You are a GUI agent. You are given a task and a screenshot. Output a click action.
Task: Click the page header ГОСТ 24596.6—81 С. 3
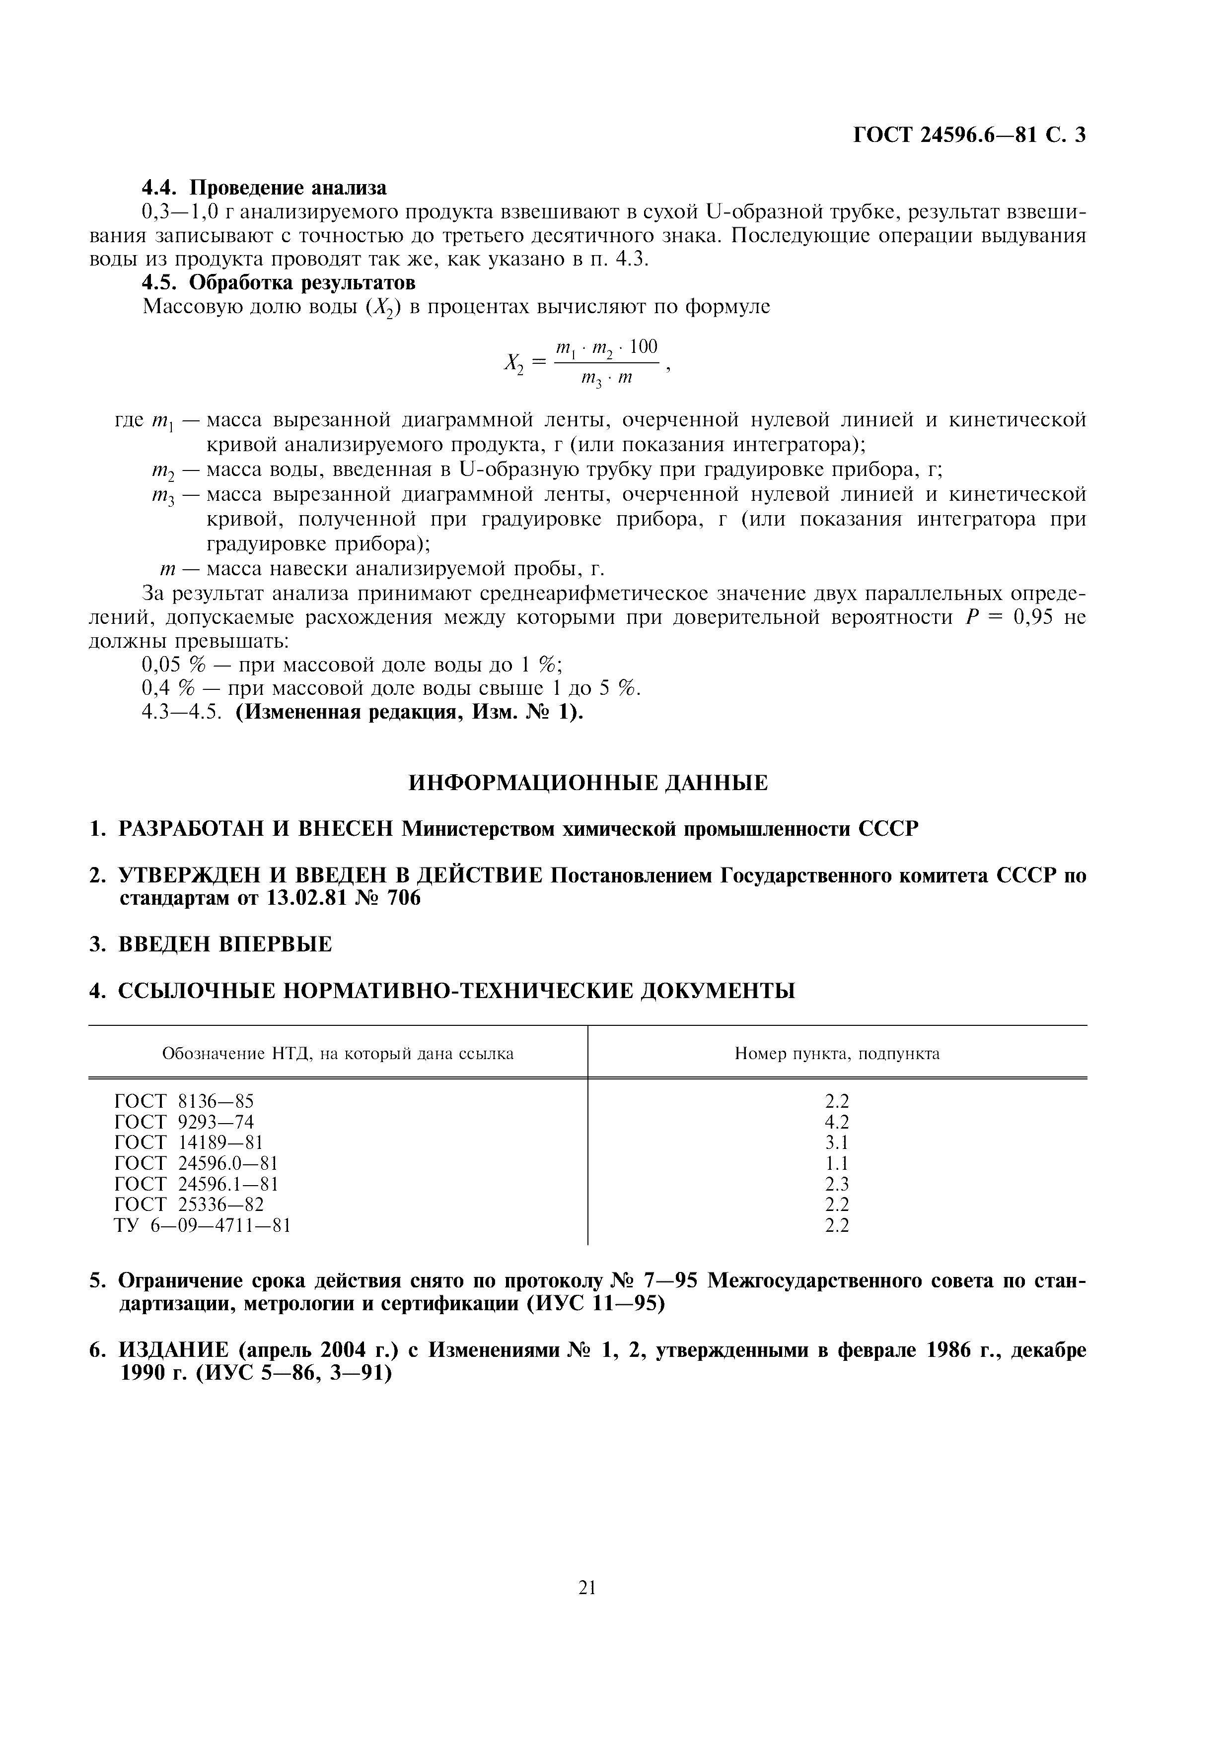pos(969,135)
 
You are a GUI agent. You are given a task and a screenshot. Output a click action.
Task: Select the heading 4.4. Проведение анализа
pos(265,187)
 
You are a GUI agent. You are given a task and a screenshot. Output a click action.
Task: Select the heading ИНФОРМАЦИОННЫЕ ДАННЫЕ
pos(588,783)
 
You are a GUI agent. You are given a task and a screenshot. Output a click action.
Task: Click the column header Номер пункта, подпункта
pos(837,1053)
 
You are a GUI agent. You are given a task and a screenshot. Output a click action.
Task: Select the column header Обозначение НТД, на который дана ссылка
pos(338,1053)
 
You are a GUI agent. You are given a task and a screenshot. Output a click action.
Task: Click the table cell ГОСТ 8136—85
pos(184,1101)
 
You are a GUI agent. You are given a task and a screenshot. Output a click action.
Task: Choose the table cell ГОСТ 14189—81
pos(189,1142)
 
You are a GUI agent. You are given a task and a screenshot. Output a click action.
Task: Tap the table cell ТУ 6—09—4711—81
pos(203,1225)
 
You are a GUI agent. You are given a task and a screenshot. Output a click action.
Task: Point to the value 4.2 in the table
pos(837,1122)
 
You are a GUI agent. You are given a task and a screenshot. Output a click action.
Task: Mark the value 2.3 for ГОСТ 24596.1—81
pos(837,1184)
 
